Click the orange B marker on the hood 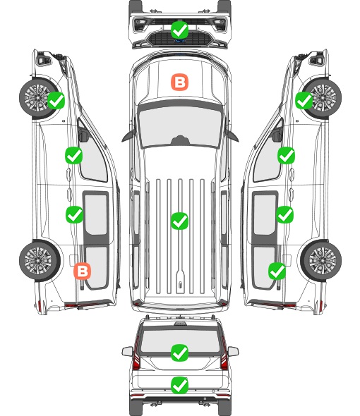click(x=179, y=82)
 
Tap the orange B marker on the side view click(x=83, y=271)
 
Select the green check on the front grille click(x=180, y=30)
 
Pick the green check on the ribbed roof click(x=180, y=221)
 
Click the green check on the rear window click(x=180, y=353)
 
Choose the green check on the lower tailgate click(x=180, y=385)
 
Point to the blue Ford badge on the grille click(x=180, y=41)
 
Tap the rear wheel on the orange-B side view click(x=40, y=260)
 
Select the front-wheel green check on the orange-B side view click(x=56, y=100)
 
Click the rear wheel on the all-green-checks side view click(x=321, y=260)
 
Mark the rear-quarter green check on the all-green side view click(x=277, y=271)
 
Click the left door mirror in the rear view click(x=127, y=351)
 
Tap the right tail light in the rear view click(x=224, y=354)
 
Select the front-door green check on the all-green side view click(x=286, y=156)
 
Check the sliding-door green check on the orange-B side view click(x=74, y=214)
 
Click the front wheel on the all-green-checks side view click(x=321, y=99)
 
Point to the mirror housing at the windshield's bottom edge click(x=180, y=140)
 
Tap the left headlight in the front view click(x=139, y=25)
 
